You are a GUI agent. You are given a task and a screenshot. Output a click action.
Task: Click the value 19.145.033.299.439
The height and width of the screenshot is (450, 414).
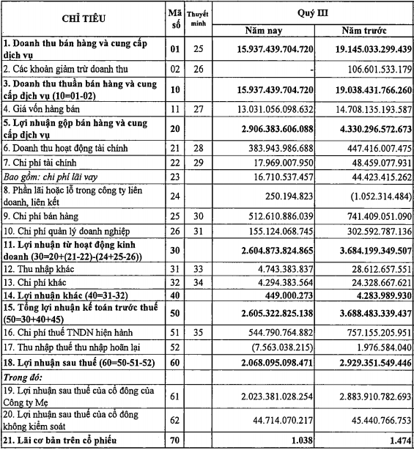pyautogui.click(x=365, y=49)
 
